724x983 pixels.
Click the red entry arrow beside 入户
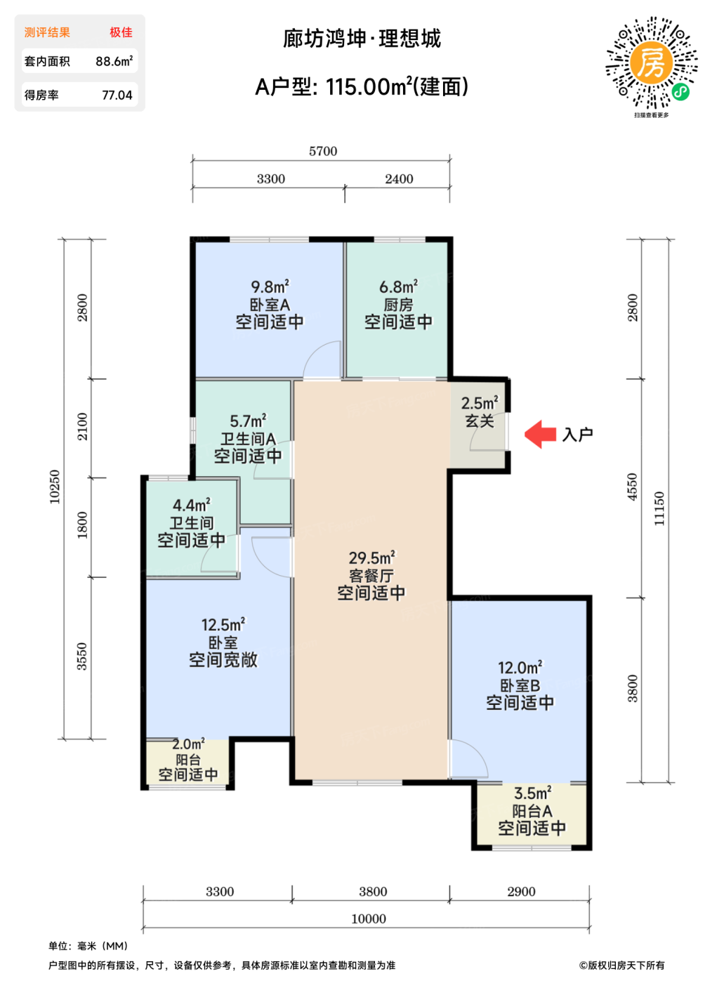pyautogui.click(x=540, y=435)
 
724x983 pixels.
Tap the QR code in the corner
pyautogui.click(x=652, y=62)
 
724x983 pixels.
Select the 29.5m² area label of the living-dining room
pyautogui.click(x=371, y=558)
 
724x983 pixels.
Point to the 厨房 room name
pyautogui.click(x=398, y=305)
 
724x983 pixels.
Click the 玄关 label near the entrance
pyautogui.click(x=480, y=421)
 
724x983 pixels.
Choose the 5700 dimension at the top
pyautogui.click(x=323, y=152)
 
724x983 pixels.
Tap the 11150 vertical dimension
pyautogui.click(x=659, y=508)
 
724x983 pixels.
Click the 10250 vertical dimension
pyautogui.click(x=54, y=487)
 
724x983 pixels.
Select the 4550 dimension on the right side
pyautogui.click(x=632, y=487)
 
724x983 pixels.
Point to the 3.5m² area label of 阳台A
pyautogui.click(x=533, y=793)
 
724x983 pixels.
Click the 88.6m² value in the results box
pyautogui.click(x=114, y=61)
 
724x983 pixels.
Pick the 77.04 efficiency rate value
pyautogui.click(x=117, y=95)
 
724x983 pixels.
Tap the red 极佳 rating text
pyautogui.click(x=121, y=32)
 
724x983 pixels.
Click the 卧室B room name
pyautogui.click(x=520, y=685)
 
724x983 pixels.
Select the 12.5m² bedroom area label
pyautogui.click(x=223, y=624)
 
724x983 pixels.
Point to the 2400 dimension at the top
pyautogui.click(x=399, y=179)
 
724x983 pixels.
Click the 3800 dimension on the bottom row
pyautogui.click(x=373, y=892)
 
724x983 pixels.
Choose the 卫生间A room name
pyautogui.click(x=248, y=438)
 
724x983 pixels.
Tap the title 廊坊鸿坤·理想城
pyautogui.click(x=362, y=39)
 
